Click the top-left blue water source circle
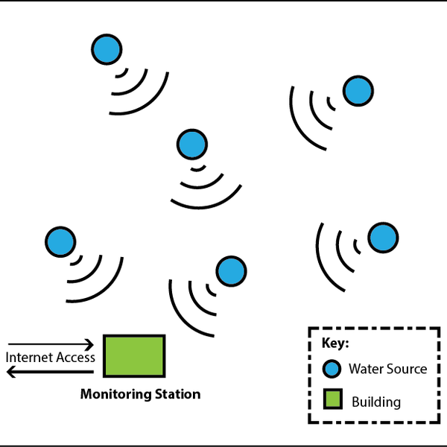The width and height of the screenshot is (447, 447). point(106,49)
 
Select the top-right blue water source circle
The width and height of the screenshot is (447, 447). point(358,91)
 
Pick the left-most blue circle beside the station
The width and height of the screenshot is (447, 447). point(60,241)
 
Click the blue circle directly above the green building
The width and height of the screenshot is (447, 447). point(230,270)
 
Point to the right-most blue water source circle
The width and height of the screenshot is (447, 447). point(383,237)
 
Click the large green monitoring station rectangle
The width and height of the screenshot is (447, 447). point(134,355)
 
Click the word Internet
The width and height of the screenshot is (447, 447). point(29,358)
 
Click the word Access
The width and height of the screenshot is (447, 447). point(75,358)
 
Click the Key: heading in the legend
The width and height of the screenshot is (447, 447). point(335,344)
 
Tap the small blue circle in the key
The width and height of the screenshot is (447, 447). point(332,369)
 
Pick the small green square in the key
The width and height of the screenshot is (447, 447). point(332,401)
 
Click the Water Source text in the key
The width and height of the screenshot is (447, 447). point(387,369)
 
